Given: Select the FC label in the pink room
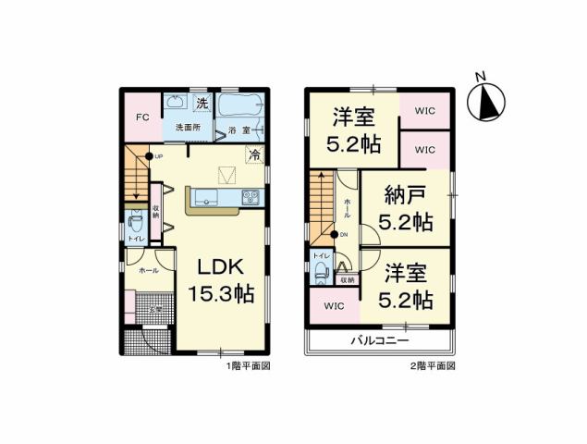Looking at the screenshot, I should coord(142,117).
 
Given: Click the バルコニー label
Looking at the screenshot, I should coord(379,341).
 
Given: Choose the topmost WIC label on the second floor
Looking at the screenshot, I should coord(425,111).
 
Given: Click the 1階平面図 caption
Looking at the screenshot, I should coord(247,366).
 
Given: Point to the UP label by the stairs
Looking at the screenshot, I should coord(159,156).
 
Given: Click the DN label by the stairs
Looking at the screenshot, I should coord(344,234).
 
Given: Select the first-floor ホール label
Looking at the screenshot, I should coord(147,271).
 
